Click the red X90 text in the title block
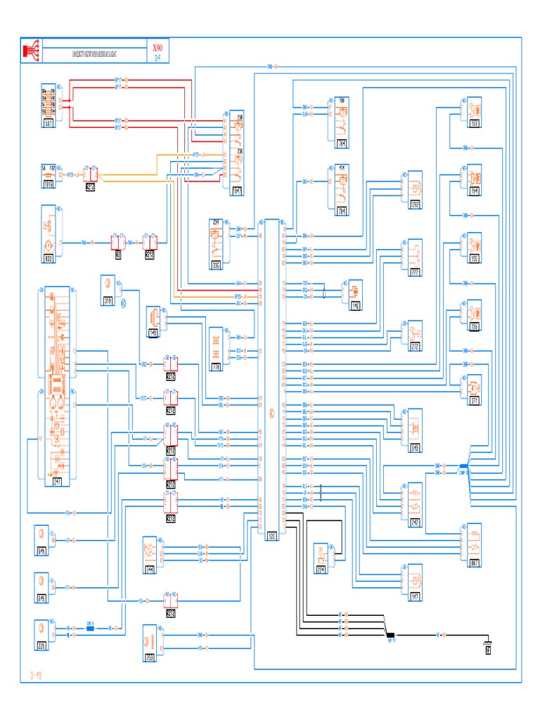(x=157, y=47)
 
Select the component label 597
(x=50, y=123)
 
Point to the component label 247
(x=58, y=482)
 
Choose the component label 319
(x=108, y=301)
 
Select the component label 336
(x=215, y=265)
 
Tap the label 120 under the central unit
(x=272, y=536)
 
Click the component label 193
(x=475, y=124)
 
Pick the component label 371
(x=475, y=401)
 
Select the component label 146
(x=354, y=307)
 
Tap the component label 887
(x=475, y=562)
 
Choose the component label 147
(x=415, y=597)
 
